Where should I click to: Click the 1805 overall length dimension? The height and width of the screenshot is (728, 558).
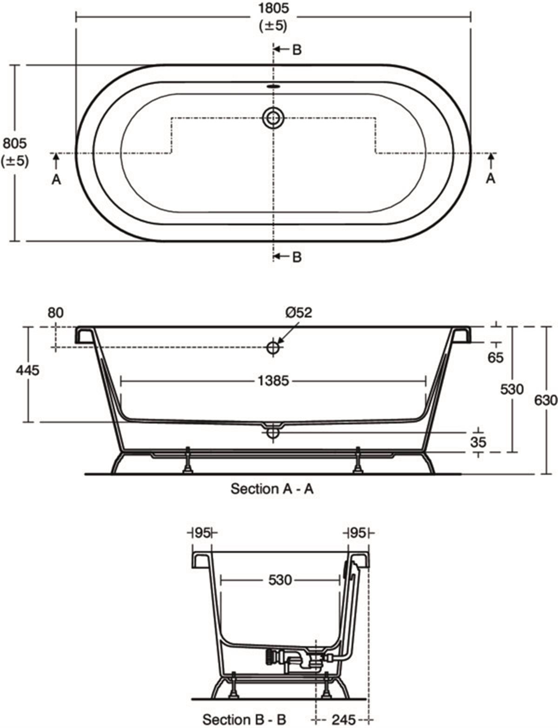point(273,8)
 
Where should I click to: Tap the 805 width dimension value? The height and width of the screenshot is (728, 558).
point(15,143)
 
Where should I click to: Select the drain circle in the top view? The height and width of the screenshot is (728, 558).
point(273,118)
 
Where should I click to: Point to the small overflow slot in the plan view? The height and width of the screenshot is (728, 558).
point(273,86)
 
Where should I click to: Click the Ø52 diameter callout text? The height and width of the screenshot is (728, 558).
point(299,313)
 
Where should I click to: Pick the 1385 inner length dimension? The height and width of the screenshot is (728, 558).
point(273,381)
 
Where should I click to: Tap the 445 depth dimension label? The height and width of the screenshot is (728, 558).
point(28,370)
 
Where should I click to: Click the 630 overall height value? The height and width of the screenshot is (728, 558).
point(545,400)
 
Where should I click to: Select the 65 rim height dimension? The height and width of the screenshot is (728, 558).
point(495,358)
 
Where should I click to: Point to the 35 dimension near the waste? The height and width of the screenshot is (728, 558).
point(478,442)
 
